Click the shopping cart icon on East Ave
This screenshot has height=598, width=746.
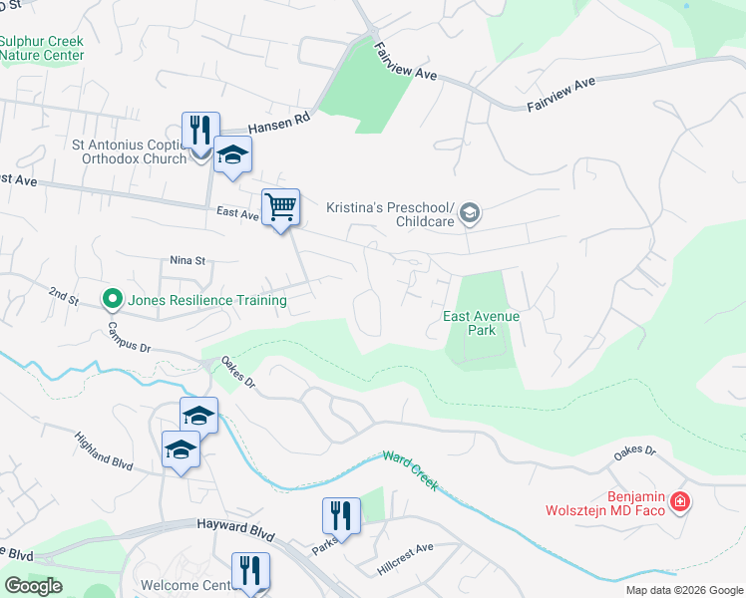tap(281, 208)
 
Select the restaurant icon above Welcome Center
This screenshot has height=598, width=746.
tap(250, 571)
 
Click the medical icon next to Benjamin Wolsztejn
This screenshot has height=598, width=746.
tap(680, 501)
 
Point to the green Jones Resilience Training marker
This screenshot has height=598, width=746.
tap(113, 298)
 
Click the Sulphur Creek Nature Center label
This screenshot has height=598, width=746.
tap(42, 49)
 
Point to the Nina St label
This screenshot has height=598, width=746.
tap(186, 261)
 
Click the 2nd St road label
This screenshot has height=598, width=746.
tap(64, 295)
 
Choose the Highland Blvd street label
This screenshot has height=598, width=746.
tap(104, 449)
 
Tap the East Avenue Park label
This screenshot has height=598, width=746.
tap(482, 322)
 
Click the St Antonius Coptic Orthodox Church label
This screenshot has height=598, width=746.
tap(130, 151)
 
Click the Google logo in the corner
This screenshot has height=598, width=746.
tap(33, 586)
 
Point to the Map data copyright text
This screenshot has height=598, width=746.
tap(684, 590)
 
